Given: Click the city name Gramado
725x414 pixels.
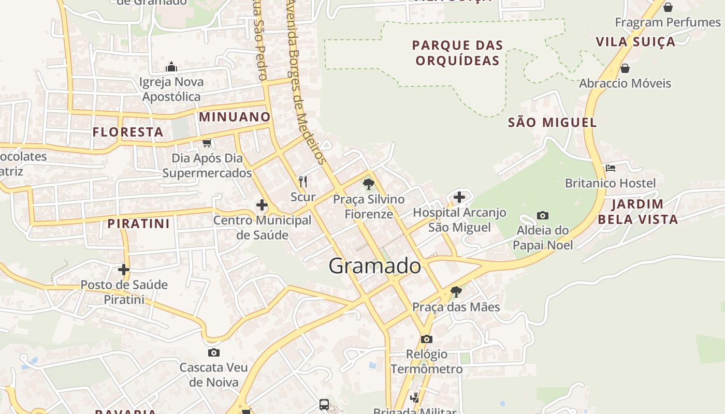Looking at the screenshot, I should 374,266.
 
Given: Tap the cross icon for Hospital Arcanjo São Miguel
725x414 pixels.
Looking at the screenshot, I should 459,197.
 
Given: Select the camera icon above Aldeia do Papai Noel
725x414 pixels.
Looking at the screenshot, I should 543,215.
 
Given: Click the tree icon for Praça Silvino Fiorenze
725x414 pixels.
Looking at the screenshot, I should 368,184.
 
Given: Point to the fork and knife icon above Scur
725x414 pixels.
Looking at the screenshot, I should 303,182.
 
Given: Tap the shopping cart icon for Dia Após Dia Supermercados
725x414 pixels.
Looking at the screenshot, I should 207,143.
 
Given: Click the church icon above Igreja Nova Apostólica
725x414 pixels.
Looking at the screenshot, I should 171,67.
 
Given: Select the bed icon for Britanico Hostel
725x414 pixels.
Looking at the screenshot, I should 611,168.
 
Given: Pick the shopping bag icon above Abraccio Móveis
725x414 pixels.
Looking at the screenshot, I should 625,68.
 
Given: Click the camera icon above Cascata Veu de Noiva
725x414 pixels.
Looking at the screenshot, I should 213,353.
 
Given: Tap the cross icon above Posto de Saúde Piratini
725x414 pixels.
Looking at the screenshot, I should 123,270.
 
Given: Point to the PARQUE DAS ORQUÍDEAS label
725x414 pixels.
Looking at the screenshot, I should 458,53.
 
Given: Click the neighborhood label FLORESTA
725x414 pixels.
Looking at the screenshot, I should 128,132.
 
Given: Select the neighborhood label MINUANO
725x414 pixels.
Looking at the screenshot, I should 235,117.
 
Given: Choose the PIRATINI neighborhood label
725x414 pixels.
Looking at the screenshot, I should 138,224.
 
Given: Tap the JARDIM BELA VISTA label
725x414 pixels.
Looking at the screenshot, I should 637,212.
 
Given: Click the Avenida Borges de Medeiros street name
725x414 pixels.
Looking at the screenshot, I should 306,83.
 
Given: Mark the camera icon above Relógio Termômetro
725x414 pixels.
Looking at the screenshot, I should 427,339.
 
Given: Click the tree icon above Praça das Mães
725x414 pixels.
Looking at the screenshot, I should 456,292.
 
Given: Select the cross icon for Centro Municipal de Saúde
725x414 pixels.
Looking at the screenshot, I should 262,205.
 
